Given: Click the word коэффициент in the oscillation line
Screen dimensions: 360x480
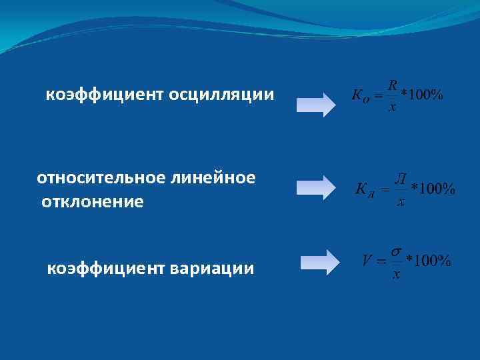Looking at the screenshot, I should pyautogui.click(x=105, y=95).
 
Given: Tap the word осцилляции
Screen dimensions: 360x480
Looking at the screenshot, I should pyautogui.click(x=221, y=95).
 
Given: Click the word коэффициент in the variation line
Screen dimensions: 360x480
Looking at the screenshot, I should pyautogui.click(x=106, y=269).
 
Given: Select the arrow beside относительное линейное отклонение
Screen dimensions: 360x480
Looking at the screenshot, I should pyautogui.click(x=315, y=187).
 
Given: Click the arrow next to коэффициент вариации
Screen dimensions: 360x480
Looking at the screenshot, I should pyautogui.click(x=319, y=261).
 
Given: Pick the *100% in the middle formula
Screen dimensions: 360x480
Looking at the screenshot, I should pyautogui.click(x=433, y=189).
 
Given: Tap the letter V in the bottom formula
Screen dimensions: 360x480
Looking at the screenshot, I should pyautogui.click(x=366, y=260).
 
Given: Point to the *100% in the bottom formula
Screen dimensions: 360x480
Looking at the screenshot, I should pyautogui.click(x=428, y=260).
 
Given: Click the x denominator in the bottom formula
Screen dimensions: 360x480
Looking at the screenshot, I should pyautogui.click(x=397, y=274).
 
